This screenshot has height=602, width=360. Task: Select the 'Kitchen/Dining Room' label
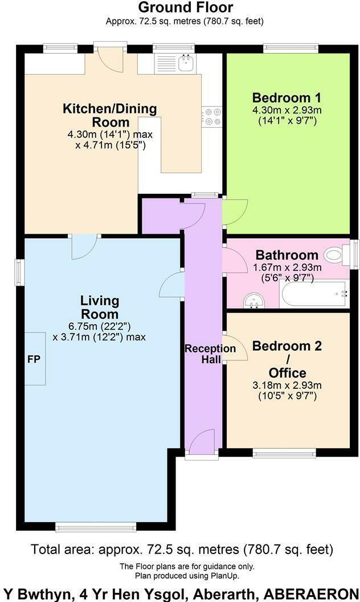point(109,115)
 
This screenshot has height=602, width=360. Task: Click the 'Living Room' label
point(99,307)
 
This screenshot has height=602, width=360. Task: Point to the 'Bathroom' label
point(287,255)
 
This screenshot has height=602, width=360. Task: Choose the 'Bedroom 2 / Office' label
point(287,359)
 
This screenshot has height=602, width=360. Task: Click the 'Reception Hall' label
point(202,354)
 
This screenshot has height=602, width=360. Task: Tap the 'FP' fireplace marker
point(33,360)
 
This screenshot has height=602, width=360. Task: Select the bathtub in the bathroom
point(314,294)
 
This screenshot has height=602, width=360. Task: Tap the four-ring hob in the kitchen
point(213,116)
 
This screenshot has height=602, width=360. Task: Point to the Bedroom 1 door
point(234,211)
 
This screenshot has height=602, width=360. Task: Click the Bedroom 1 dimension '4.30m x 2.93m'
point(284,110)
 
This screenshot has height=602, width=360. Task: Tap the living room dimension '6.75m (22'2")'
point(99,327)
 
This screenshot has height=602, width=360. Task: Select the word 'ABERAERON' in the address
point(319,592)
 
